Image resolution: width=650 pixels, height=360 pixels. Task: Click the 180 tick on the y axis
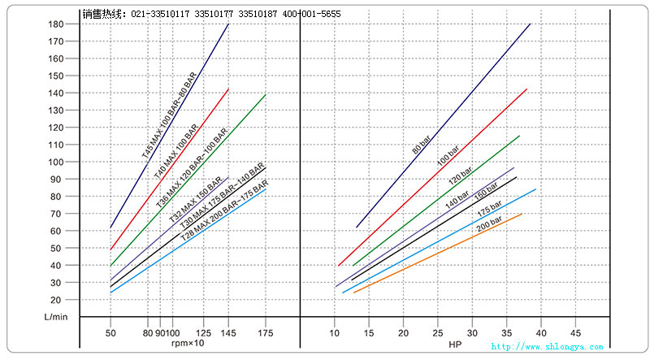[x=55, y=24]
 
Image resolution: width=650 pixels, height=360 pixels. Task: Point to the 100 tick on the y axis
[x=55, y=162]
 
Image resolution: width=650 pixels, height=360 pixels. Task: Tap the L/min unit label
[x=54, y=315]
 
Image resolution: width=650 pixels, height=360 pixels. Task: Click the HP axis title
[x=455, y=344]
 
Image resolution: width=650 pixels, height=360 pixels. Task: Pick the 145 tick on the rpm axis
[x=228, y=333]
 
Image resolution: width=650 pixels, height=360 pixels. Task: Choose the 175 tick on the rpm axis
[x=265, y=333]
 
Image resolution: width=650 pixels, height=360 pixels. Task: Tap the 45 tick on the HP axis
[x=576, y=333]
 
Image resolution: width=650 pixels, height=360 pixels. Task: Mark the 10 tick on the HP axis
[x=334, y=333]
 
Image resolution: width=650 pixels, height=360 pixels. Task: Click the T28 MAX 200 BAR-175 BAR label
[x=225, y=211]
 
